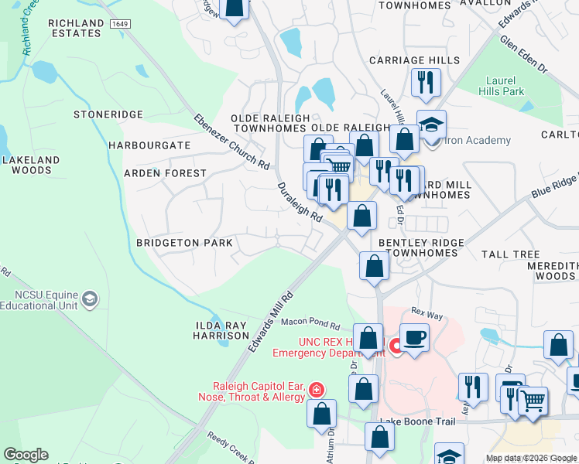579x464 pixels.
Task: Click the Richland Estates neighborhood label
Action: point(74,29)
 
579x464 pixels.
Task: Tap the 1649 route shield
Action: point(119,24)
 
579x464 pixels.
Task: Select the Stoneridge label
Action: point(108,114)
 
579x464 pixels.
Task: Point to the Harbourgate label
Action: point(149,145)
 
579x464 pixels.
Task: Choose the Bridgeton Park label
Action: point(185,243)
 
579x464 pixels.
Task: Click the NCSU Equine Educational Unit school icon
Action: point(91,299)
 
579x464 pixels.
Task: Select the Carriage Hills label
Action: point(414,60)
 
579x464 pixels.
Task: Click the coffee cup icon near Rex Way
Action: point(414,337)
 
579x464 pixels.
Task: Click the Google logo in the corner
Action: point(26,455)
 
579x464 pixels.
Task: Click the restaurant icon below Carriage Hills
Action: point(426,83)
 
